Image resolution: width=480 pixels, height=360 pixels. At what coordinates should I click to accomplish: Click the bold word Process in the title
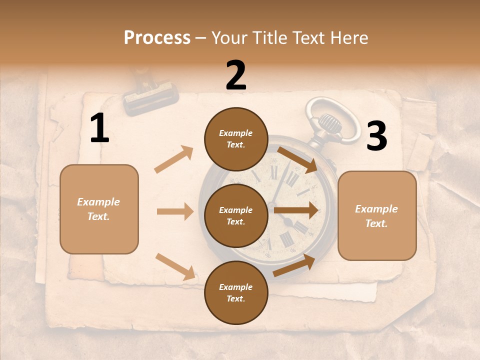(x=157, y=38)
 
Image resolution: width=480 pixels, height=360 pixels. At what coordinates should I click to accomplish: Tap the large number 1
(x=99, y=128)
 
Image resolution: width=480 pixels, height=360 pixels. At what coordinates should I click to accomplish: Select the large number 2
(x=236, y=75)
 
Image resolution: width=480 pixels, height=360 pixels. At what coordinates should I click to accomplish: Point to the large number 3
(x=376, y=136)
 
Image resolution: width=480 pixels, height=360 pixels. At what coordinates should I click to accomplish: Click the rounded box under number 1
(x=99, y=209)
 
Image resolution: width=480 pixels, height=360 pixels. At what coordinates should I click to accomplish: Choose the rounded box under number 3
(x=377, y=216)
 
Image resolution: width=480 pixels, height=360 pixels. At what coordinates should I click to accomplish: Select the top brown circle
(x=236, y=139)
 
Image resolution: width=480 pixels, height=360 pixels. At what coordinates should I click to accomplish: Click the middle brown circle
(x=236, y=215)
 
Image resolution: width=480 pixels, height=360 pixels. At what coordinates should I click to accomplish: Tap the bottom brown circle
(x=236, y=292)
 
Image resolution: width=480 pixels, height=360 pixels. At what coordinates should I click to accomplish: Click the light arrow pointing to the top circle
(x=174, y=159)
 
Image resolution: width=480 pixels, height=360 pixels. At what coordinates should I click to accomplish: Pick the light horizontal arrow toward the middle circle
(x=175, y=211)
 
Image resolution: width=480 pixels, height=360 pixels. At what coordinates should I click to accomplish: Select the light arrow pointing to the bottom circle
(x=175, y=266)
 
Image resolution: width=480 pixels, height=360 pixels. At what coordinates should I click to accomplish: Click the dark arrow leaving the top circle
(x=298, y=159)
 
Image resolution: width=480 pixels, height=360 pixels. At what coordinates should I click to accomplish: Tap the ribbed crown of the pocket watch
(x=329, y=121)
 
